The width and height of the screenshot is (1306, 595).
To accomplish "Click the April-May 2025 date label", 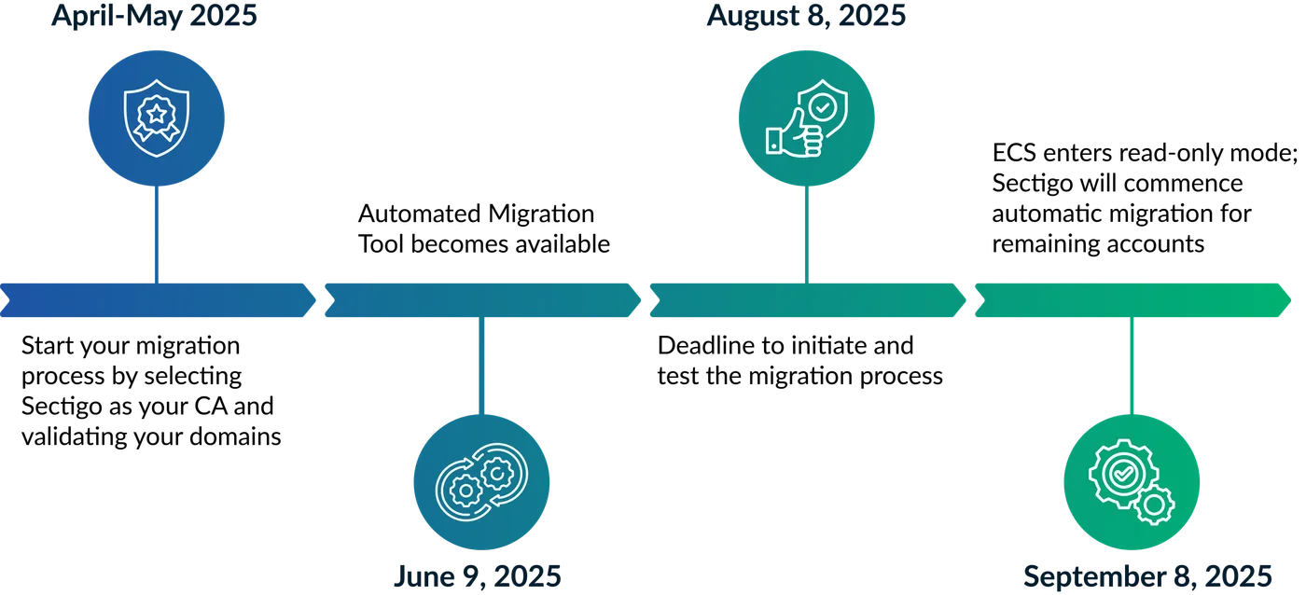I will tap(155, 17).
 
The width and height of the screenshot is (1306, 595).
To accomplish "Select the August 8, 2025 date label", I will tap(806, 17).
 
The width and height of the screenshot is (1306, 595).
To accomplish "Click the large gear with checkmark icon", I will tap(1120, 473).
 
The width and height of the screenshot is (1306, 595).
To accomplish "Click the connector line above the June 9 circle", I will tap(480, 366).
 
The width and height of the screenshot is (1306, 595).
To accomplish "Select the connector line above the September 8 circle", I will tap(1131, 366).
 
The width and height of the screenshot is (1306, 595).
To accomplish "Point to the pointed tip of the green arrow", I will tap(1293, 298).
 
